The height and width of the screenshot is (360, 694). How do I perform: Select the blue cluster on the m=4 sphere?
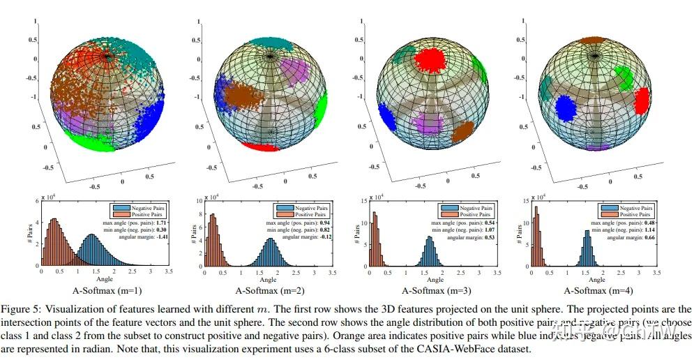(566, 109)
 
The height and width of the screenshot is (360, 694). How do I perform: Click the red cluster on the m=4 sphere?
(642, 99)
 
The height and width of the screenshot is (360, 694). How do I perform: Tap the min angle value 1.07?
(486, 229)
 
